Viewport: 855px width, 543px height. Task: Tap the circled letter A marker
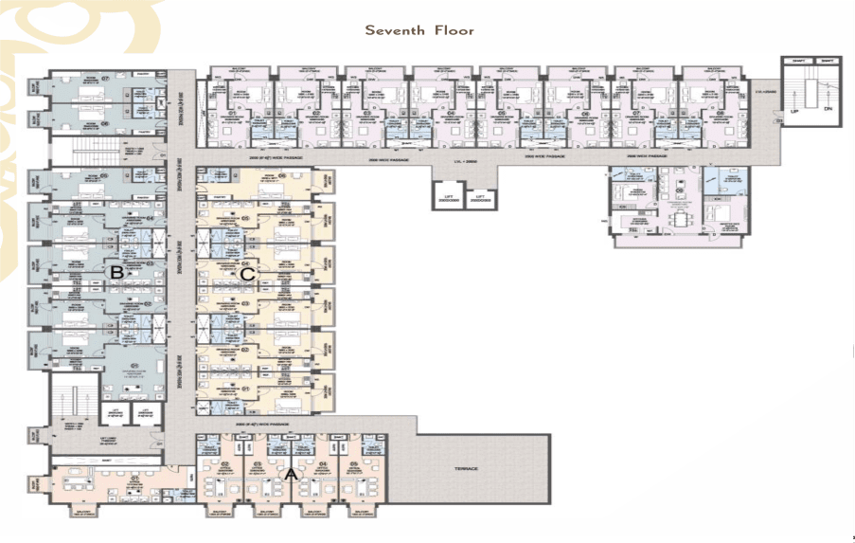click(291, 470)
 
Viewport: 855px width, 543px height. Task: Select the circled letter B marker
click(116, 273)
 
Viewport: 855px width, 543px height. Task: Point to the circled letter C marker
click(248, 274)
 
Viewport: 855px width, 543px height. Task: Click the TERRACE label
click(464, 469)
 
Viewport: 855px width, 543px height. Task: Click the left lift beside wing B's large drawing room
click(115, 413)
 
